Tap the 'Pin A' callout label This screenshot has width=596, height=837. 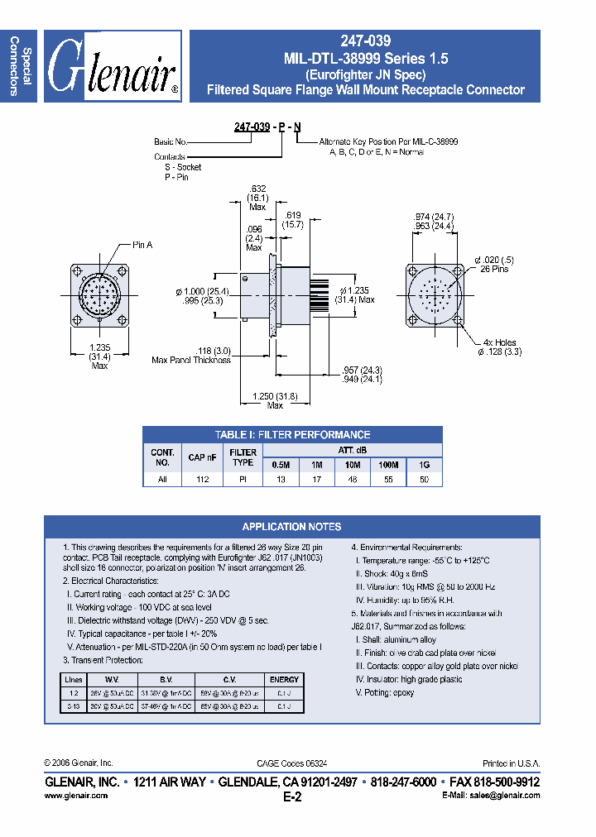tap(142, 246)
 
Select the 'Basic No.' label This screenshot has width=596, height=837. tap(171, 142)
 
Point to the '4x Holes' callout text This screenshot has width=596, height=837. tap(499, 342)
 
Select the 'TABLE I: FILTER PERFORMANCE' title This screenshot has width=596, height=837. tap(292, 434)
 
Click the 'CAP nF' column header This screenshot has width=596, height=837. tap(203, 457)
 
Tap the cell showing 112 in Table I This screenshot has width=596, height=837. tap(203, 480)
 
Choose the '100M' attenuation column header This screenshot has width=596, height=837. tap(388, 466)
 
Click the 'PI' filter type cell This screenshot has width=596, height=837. tap(243, 480)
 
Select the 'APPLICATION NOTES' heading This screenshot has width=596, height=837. tap(291, 527)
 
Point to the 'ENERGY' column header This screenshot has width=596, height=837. tap(284, 679)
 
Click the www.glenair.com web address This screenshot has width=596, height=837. tap(75, 796)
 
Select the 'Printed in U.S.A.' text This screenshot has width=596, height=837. tap(511, 763)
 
